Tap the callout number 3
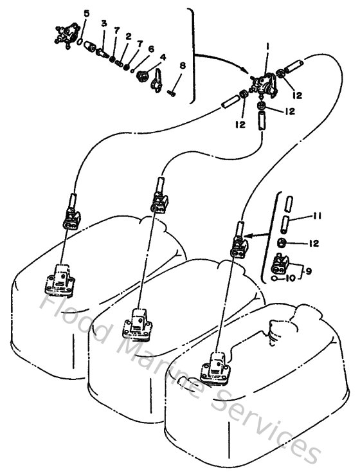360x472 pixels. click(x=104, y=24)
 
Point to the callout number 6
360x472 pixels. click(x=150, y=48)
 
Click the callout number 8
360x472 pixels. click(x=182, y=66)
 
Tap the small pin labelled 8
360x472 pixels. click(x=173, y=93)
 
